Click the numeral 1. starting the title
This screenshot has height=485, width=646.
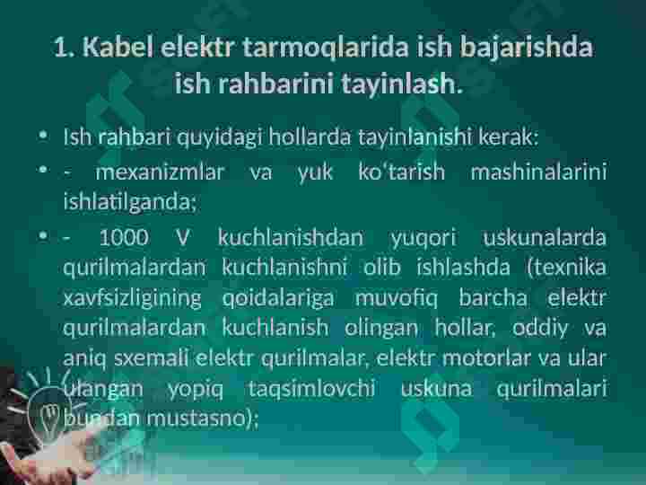(x=65, y=47)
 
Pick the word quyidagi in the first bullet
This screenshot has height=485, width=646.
(x=220, y=137)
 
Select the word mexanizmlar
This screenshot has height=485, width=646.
(x=160, y=172)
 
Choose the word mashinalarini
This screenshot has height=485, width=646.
(x=538, y=172)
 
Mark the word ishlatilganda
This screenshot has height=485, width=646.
(x=127, y=202)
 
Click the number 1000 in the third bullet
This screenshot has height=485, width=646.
(x=124, y=237)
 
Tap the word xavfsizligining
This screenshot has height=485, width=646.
(x=132, y=298)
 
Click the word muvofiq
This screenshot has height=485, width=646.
(x=397, y=298)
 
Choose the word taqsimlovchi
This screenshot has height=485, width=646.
(x=311, y=389)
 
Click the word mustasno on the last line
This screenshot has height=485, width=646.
(x=196, y=419)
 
